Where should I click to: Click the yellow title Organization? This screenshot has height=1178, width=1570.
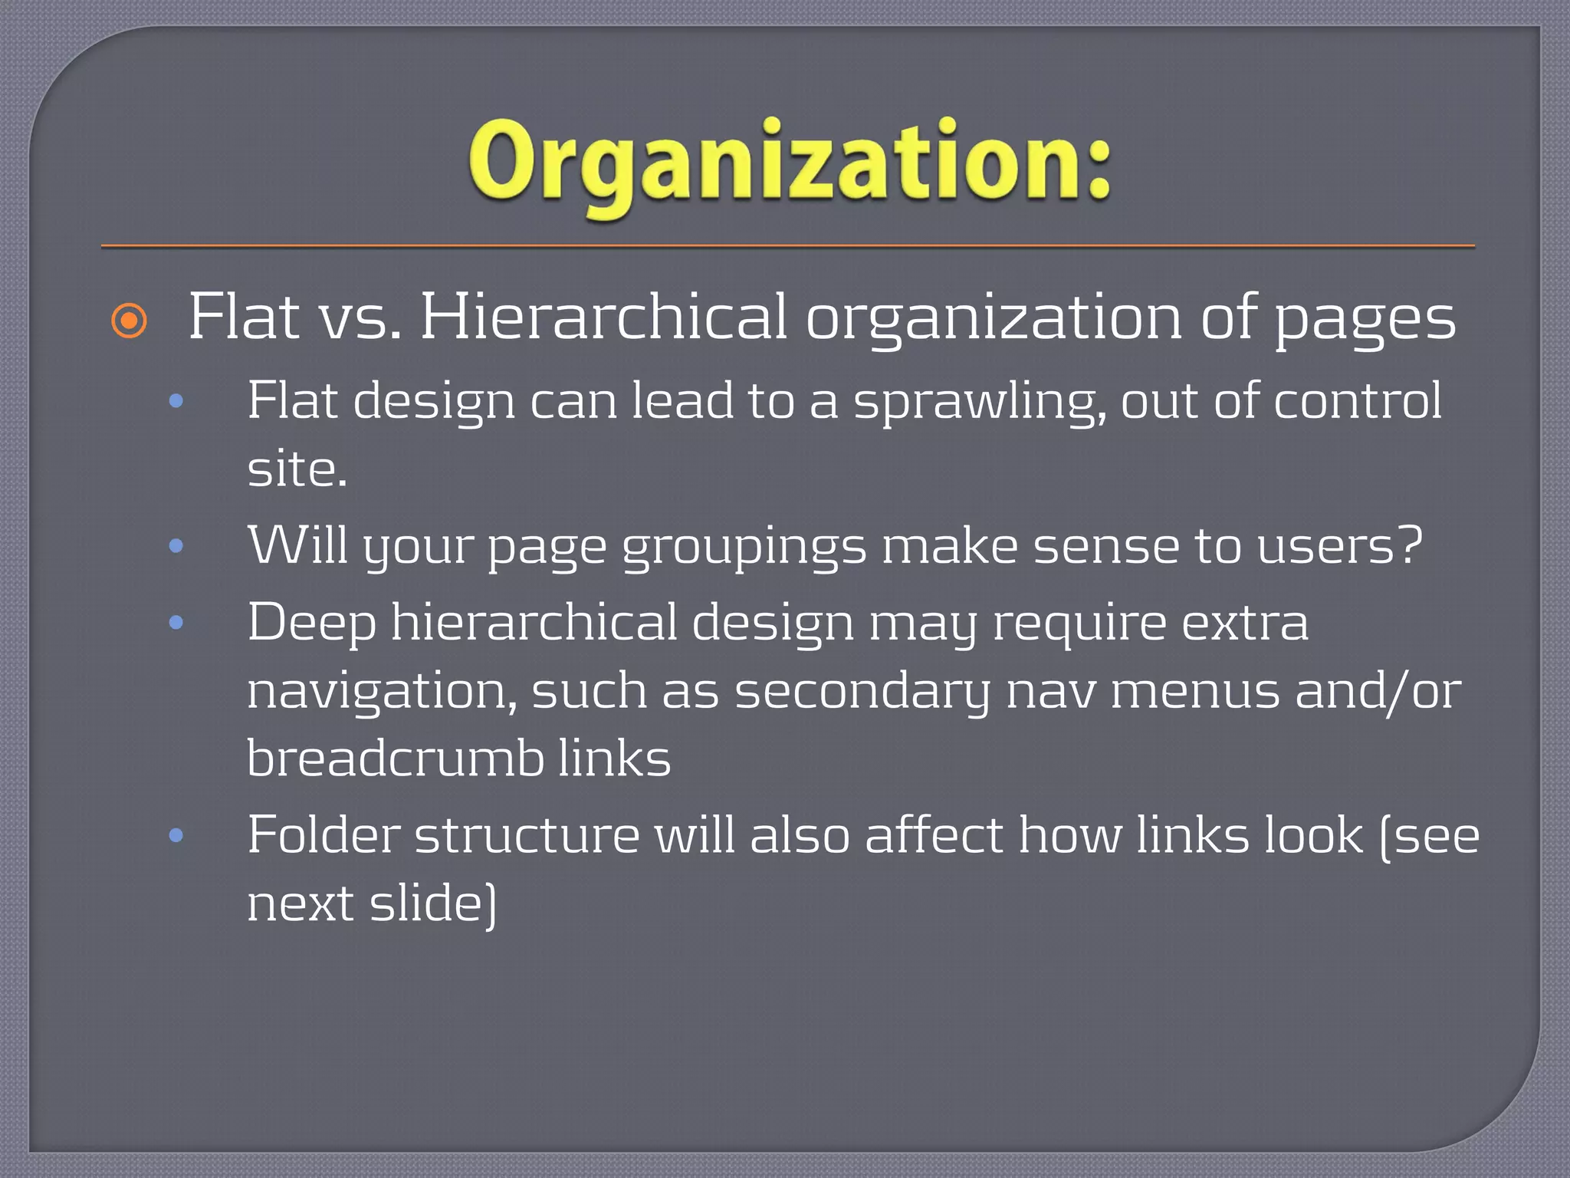click(790, 165)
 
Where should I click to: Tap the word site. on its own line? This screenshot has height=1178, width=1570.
click(297, 469)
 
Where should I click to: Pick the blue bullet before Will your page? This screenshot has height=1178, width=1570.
click(176, 546)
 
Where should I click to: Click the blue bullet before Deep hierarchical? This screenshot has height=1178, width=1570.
click(176, 622)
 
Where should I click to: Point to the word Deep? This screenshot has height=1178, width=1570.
click(311, 623)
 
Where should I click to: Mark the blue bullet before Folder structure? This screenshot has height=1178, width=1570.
click(176, 835)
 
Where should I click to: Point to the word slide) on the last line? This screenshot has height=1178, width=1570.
click(433, 903)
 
